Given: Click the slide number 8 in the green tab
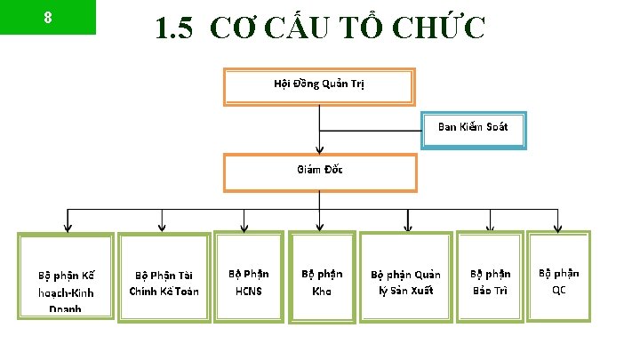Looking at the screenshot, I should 47,17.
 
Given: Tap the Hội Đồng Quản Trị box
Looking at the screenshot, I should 318,85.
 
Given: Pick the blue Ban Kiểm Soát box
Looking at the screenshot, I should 473,128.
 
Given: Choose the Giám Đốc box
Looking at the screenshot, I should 319,171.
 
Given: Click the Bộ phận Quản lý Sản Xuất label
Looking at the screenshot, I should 405,283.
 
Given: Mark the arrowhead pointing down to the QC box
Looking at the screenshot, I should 557,227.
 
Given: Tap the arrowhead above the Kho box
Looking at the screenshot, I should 319,227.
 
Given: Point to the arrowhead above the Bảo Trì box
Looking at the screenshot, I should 489,227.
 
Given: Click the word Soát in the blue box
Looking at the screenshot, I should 497,127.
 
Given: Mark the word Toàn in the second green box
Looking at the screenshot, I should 187,291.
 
